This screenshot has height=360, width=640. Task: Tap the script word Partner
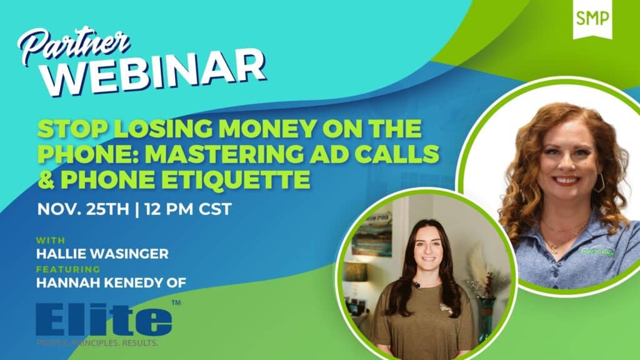click(x=74, y=45)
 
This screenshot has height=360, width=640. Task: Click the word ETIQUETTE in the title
click(x=185, y=179)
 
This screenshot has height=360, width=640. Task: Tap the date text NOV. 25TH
click(x=83, y=209)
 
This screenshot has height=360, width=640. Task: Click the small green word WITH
click(x=51, y=240)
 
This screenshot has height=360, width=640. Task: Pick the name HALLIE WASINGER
click(x=102, y=254)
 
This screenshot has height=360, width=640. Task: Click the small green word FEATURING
click(x=68, y=269)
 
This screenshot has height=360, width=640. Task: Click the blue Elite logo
click(x=104, y=319)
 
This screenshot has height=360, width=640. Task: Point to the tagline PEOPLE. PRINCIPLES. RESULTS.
click(x=97, y=343)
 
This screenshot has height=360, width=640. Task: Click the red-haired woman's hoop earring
click(x=599, y=182)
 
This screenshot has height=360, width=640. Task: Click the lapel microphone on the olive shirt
click(x=417, y=284)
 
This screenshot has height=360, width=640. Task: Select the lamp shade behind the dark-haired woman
click(x=356, y=271)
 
